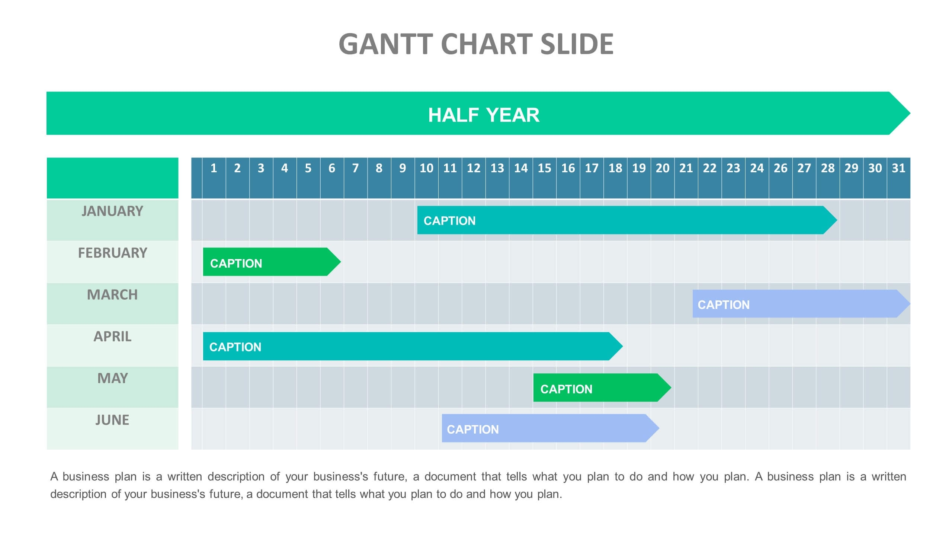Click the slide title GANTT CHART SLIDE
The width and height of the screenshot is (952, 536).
coord(476,44)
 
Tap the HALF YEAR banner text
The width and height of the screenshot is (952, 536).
coord(484,115)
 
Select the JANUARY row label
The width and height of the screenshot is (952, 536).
coord(112,211)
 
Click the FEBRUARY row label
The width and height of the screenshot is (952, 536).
coord(112,253)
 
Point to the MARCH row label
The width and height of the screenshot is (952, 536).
coord(112,295)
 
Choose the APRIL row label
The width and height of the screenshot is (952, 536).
coord(112,336)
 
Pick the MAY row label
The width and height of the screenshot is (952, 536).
coord(112,378)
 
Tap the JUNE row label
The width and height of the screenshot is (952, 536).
coord(112,420)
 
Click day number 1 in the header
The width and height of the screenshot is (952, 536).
coord(214,168)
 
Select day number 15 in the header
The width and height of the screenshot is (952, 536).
coord(544,168)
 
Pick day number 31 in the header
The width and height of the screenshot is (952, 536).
coord(898,168)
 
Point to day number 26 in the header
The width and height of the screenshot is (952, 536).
coord(780,168)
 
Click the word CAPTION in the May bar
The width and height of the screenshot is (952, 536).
coord(566,389)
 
